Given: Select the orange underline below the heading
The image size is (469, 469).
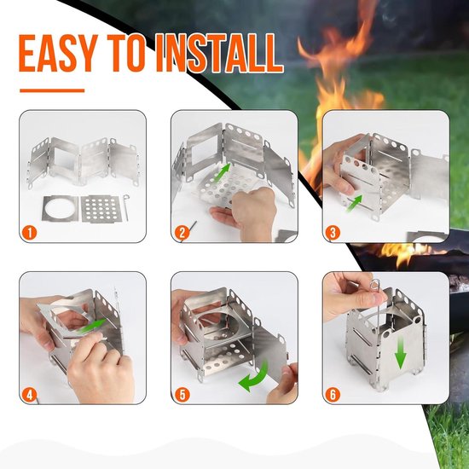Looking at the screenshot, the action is (x=52, y=90).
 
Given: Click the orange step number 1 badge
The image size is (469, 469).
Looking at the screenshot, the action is (x=29, y=233).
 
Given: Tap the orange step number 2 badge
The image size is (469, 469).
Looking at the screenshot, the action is (x=182, y=233).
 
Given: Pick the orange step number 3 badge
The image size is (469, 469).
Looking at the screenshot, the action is (x=333, y=233).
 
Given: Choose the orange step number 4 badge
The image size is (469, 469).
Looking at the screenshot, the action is (x=29, y=395).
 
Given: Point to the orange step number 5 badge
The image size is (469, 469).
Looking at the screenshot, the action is (x=182, y=395).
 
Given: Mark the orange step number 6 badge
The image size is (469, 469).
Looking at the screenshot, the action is (x=333, y=395).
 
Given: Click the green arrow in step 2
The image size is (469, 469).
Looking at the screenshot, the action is (x=223, y=172).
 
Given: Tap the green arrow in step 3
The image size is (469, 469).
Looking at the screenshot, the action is (x=354, y=204).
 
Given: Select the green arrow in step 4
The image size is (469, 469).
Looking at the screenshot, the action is (x=90, y=327).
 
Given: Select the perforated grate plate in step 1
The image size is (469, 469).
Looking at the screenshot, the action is (x=101, y=208).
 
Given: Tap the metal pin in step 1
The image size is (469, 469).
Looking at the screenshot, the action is (x=126, y=207).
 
